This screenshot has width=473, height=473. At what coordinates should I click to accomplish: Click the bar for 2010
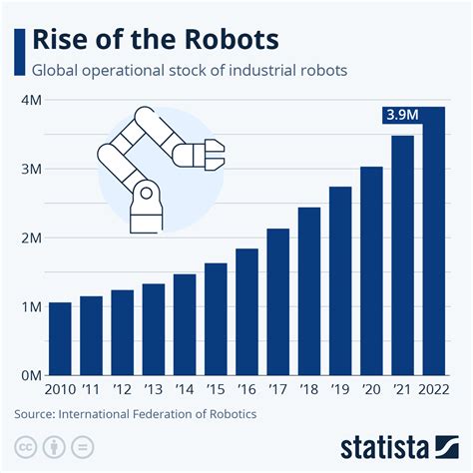[60, 338]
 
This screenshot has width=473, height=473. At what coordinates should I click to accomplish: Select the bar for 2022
[433, 249]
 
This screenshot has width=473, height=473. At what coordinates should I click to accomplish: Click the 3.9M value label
[403, 116]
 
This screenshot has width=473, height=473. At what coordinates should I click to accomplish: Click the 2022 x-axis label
[433, 390]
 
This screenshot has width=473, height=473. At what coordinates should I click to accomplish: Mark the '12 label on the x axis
[122, 390]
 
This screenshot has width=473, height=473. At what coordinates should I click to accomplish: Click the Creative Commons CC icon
[24, 444]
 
